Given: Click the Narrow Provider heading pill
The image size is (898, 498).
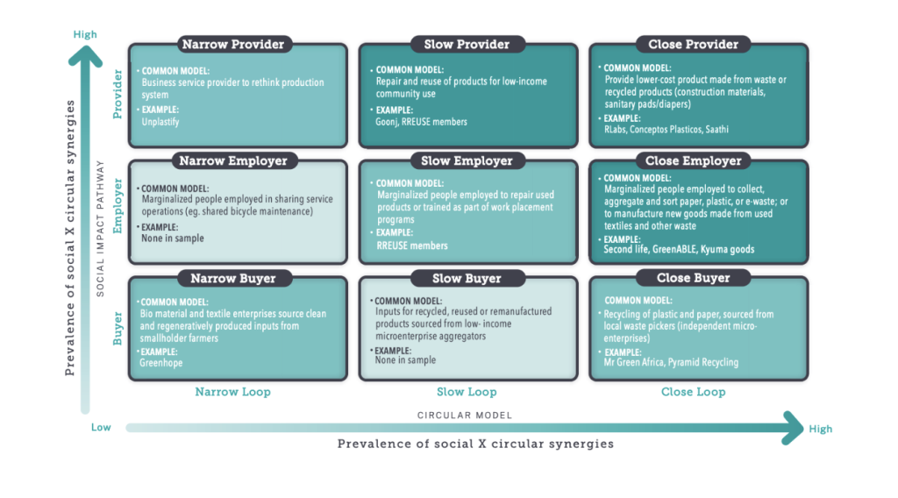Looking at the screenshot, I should (232, 44).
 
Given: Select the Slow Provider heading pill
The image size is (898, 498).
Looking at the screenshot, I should (467, 44).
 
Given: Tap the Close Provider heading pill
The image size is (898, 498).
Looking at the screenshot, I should (693, 44).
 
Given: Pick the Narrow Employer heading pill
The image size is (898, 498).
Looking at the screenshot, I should (232, 160).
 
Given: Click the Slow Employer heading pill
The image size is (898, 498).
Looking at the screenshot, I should (467, 160).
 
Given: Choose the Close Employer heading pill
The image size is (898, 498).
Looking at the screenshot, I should (693, 160).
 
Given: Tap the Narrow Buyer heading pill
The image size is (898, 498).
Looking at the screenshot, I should (232, 278).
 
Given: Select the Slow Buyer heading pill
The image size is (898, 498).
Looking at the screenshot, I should (467, 278).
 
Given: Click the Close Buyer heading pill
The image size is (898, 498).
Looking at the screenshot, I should (693, 278).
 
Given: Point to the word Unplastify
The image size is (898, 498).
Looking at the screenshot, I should (160, 122).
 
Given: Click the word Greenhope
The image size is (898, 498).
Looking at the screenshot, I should (160, 361).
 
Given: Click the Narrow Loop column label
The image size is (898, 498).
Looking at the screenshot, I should (232, 392).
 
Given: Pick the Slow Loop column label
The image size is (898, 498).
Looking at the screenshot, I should (467, 392).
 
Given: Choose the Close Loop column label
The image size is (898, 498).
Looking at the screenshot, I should (693, 392).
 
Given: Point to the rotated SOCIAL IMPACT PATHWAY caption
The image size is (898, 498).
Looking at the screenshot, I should (102, 228).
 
